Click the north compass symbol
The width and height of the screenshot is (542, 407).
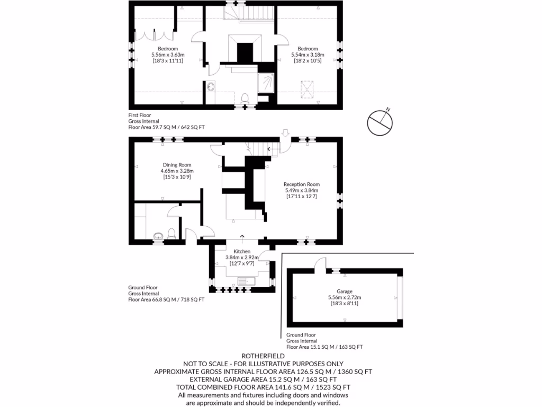380,122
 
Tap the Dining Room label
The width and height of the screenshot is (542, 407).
177,165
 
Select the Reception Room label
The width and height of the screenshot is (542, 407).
302,184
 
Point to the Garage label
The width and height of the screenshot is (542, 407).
344,291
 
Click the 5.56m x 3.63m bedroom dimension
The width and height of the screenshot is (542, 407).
167,54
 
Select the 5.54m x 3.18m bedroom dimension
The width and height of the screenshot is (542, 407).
308,54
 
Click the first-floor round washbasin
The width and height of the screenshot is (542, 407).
211,87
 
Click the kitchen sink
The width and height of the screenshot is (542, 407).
247,281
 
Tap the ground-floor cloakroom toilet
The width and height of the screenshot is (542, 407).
171,233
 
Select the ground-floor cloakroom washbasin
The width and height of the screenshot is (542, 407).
158,236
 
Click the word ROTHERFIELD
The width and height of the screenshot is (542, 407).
263,356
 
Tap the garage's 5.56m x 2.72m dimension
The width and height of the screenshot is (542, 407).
344,297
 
